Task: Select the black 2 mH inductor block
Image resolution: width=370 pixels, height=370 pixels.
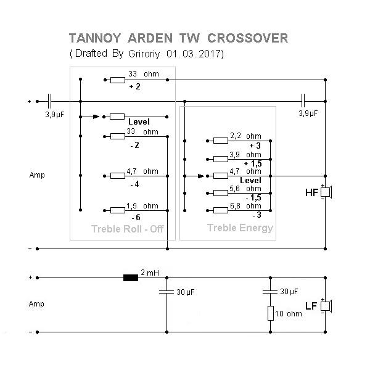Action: tap(131, 278)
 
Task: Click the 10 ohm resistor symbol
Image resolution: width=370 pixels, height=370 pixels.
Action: tap(271, 313)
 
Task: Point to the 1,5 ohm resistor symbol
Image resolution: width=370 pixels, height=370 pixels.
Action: tap(117, 210)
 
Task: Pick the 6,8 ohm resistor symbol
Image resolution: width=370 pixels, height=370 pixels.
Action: tap(220, 210)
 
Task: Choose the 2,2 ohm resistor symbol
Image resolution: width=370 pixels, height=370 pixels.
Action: tap(220, 140)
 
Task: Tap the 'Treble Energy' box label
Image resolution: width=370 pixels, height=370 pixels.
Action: tap(240, 228)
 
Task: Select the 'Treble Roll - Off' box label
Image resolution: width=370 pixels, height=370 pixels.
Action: tap(123, 229)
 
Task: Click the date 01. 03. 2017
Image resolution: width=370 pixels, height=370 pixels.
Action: tap(195, 54)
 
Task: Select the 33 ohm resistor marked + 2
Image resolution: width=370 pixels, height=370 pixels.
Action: tap(117, 80)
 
